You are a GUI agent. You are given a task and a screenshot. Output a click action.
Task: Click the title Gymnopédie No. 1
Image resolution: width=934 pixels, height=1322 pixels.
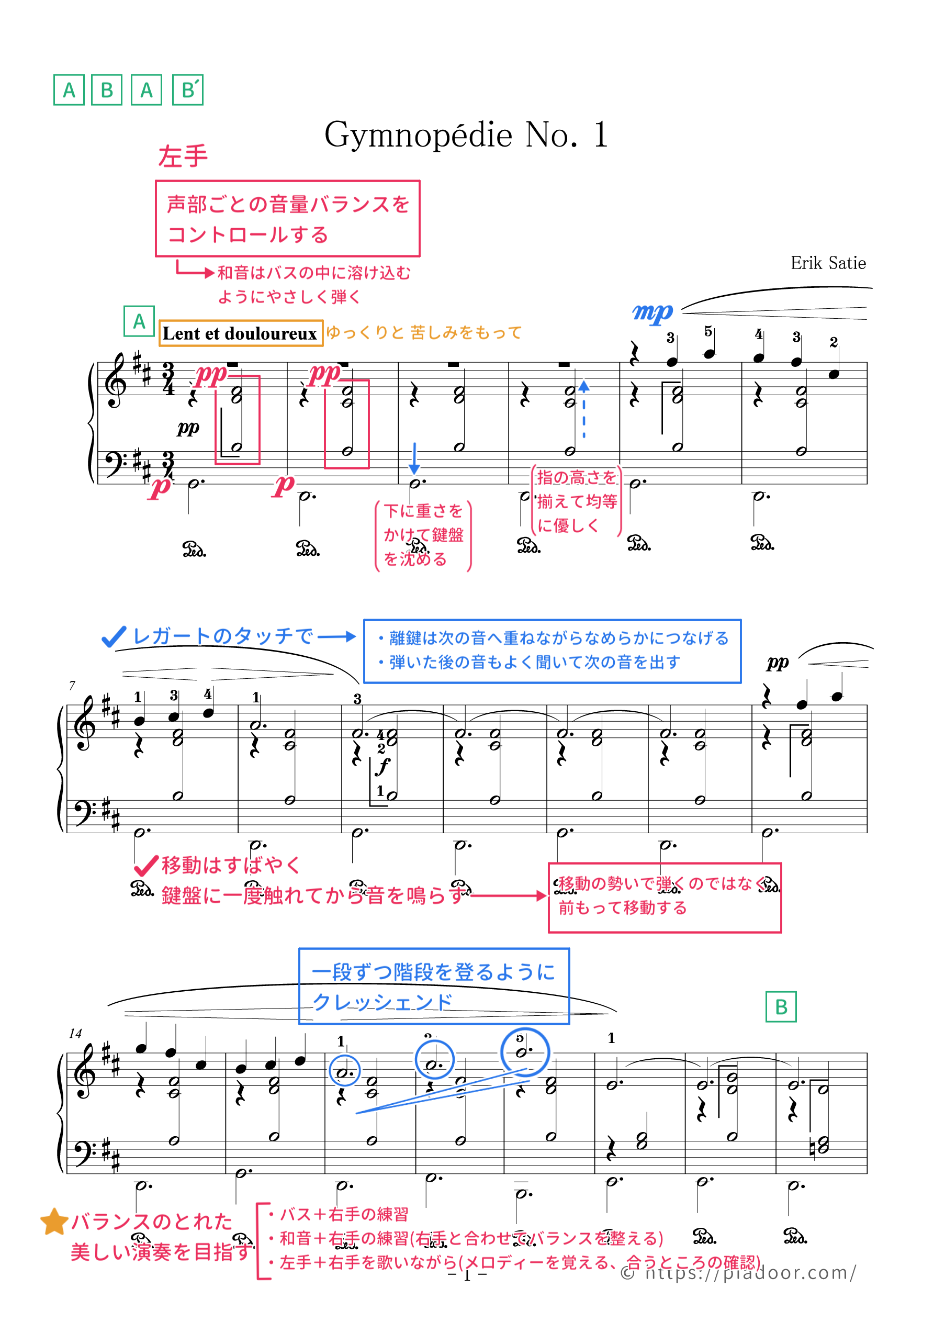(466, 135)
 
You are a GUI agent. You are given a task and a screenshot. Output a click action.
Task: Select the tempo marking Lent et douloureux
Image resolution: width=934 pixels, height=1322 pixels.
(240, 333)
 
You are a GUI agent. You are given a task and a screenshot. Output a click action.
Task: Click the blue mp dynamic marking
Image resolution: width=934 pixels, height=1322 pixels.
(652, 312)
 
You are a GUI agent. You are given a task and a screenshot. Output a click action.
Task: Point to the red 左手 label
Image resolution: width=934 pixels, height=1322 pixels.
(183, 156)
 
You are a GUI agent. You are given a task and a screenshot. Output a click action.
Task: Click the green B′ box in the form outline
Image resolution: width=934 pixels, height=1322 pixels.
(188, 91)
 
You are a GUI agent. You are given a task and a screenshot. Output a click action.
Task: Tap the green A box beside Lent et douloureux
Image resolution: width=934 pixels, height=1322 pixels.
(139, 321)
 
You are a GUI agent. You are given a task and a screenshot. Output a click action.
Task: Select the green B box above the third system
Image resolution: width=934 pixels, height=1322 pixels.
(780, 1007)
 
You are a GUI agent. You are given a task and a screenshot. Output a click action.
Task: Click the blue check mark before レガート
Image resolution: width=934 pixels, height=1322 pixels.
(114, 637)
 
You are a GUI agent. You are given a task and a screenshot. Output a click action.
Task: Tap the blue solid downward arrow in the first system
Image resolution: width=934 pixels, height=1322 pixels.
(414, 460)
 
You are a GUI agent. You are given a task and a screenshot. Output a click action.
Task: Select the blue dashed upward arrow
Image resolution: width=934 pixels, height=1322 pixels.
(584, 408)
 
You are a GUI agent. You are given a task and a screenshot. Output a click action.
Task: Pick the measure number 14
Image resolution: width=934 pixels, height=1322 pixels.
(75, 1034)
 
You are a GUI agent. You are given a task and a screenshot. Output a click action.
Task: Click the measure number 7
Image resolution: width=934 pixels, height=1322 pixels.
(72, 685)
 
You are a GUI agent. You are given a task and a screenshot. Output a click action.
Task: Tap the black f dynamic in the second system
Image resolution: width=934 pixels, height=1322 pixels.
(383, 767)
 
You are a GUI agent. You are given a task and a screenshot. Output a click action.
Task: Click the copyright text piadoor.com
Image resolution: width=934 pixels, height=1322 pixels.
(738, 1272)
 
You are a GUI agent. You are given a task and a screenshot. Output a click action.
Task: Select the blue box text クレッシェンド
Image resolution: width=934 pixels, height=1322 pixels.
(382, 1002)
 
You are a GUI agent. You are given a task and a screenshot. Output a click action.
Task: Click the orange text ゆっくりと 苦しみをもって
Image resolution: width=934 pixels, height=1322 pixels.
(424, 332)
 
